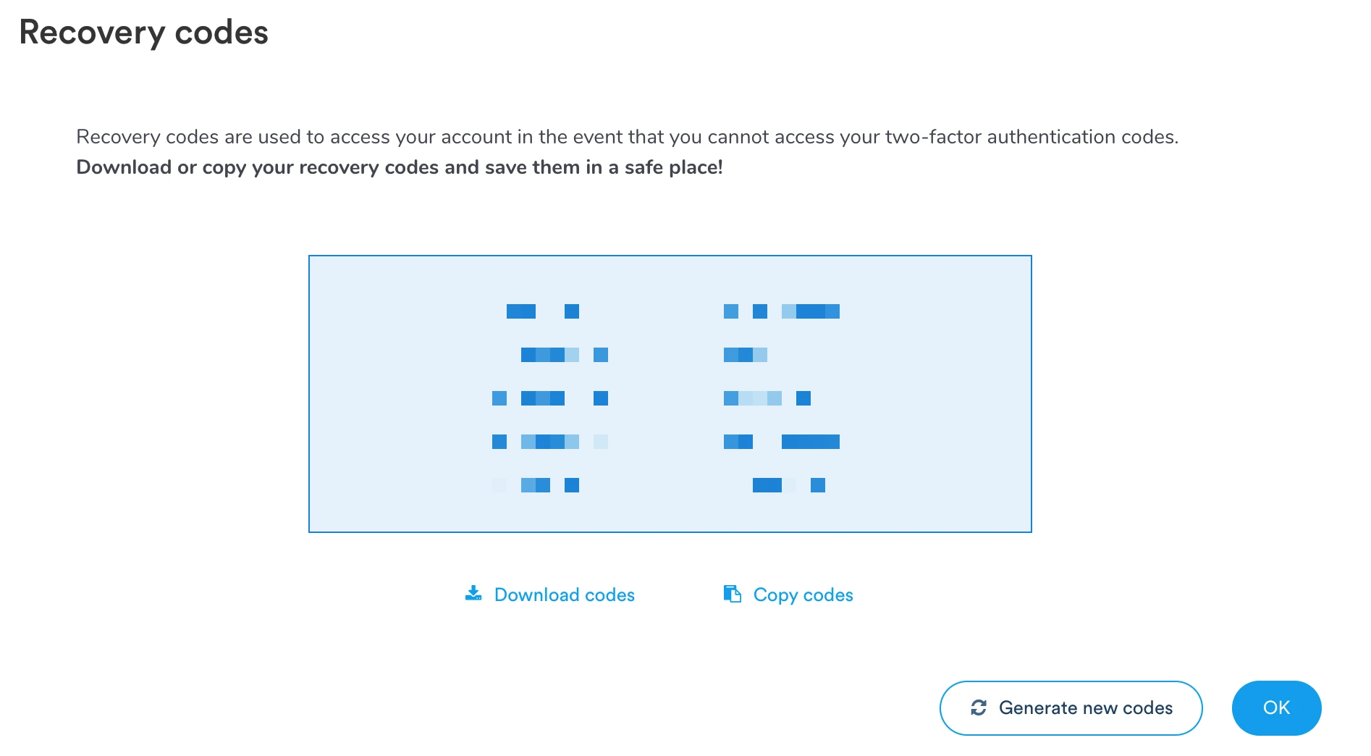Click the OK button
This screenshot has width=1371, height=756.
point(1276,707)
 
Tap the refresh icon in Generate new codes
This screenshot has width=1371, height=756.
point(979,707)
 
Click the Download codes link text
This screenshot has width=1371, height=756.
point(564,595)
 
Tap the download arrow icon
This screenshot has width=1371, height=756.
point(473,594)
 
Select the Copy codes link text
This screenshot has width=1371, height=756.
point(803,595)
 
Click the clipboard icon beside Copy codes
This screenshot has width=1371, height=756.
point(732,594)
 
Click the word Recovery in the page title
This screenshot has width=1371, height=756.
point(92,33)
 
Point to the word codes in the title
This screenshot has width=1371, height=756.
point(222,33)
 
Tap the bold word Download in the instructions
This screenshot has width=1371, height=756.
point(124,167)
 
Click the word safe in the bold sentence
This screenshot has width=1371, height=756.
point(640,167)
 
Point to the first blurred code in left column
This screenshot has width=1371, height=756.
point(542,311)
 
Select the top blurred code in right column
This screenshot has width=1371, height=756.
point(781,311)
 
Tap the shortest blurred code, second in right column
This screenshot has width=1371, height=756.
point(745,355)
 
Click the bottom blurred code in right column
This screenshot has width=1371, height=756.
point(788,485)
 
